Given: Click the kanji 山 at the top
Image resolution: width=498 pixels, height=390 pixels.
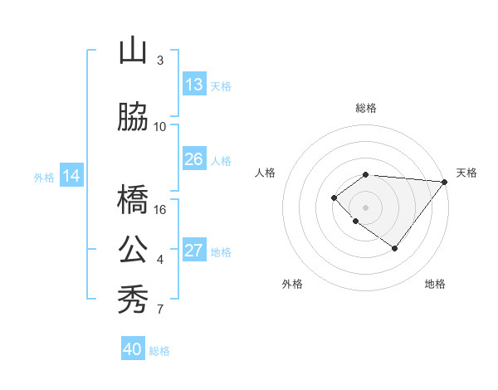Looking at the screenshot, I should click(133, 51).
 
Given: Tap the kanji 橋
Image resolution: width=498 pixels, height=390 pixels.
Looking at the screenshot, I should click(133, 200).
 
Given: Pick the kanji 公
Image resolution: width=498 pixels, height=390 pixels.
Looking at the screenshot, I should click(133, 249).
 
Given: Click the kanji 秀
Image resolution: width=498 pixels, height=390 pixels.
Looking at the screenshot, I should click(133, 299).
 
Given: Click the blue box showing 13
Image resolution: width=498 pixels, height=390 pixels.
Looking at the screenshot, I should click(194, 85).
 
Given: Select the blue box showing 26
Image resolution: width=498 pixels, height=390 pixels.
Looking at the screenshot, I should click(194, 159).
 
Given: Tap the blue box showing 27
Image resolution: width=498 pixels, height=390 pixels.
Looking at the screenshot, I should click(194, 251).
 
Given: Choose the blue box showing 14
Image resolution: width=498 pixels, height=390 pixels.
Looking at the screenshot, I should click(71, 176).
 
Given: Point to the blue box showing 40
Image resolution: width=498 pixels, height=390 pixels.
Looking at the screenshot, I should click(133, 349).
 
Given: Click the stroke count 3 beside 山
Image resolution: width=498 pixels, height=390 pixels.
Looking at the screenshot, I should click(159, 60).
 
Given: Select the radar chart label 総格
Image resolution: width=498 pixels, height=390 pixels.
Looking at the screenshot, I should click(366, 108).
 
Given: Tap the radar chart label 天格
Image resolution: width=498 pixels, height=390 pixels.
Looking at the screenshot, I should click(466, 173).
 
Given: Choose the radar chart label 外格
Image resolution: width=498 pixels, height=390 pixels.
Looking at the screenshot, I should click(292, 284).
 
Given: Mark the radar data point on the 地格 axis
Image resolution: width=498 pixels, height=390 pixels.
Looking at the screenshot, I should click(395, 248).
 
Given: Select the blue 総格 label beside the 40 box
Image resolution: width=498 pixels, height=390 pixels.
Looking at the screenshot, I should click(159, 351).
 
